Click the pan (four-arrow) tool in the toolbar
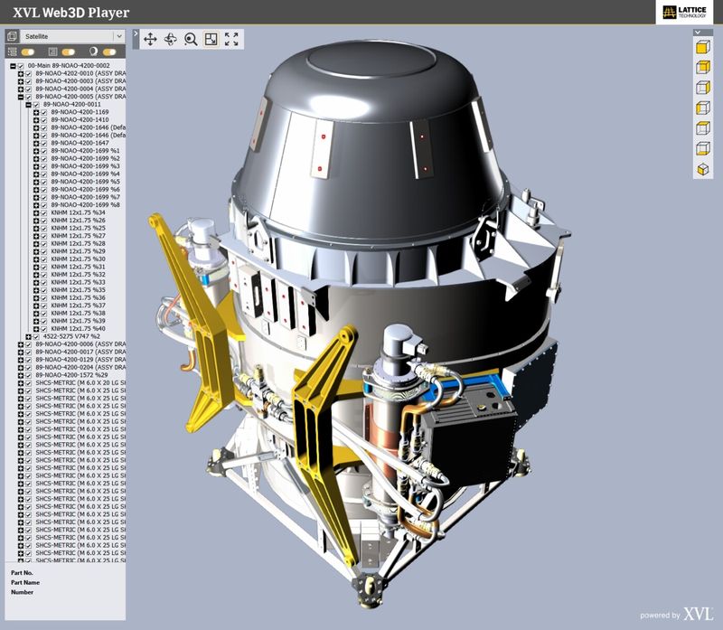150,39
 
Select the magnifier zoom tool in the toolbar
191,39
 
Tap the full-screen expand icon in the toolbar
231,39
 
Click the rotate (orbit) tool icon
170,39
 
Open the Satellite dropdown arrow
118,36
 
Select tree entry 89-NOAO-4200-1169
80,112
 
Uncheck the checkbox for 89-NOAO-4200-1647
43,143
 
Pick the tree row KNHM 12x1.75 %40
79,328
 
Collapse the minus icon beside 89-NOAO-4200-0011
28,104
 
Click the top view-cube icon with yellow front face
701,46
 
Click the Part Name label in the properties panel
25,582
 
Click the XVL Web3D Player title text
71,13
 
